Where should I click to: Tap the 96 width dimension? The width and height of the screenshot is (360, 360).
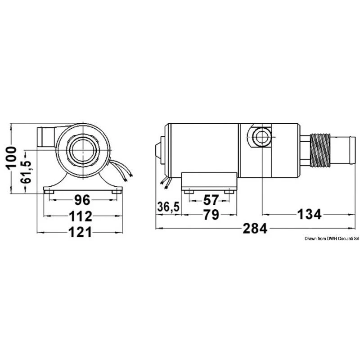click(82, 199)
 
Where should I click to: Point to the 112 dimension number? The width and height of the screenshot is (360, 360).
click(81, 216)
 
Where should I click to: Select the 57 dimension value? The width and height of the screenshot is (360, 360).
click(211, 199)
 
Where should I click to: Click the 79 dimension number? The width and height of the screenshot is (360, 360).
click(210, 215)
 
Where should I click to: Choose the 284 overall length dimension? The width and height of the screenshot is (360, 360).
click(256, 229)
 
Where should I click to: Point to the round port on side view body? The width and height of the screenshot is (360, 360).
click(261, 136)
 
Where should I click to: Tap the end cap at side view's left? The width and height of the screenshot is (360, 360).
click(158, 149)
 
